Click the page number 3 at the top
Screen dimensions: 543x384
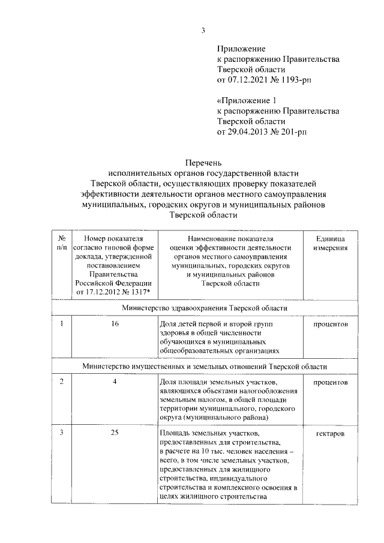coord(203,31)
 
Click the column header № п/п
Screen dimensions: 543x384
coord(61,242)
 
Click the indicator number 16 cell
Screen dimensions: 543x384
coord(115,324)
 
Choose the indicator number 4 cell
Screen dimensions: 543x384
coord(115,382)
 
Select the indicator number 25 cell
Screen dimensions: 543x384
coord(115,433)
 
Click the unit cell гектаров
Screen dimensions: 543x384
coord(330,433)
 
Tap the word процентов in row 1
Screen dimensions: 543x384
coord(330,324)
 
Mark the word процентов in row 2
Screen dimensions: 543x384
coord(330,382)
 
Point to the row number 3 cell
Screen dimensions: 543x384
coord(61,433)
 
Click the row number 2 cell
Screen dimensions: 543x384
coord(61,382)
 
